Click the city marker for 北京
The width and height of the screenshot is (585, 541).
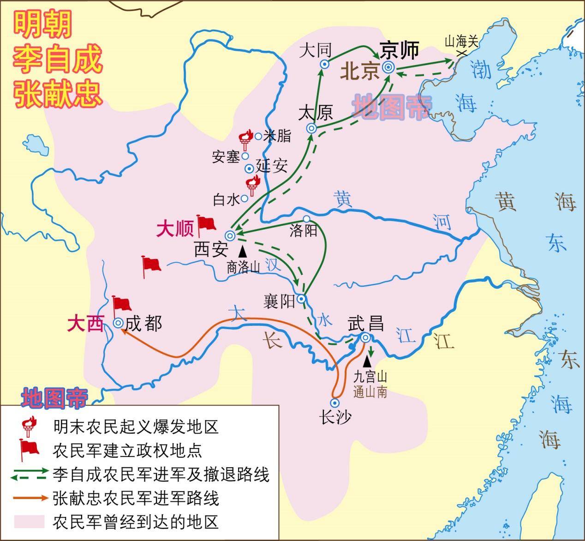coord(389,68)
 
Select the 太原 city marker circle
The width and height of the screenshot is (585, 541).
coord(311,128)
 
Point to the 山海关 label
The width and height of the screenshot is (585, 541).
coord(461,42)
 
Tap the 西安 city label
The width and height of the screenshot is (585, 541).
coord(211,250)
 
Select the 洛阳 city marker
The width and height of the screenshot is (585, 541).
coord(306,219)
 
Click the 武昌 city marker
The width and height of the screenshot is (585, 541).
coord(365,337)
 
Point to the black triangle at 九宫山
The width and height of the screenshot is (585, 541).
coord(368,361)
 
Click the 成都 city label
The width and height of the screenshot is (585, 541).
coord(144,324)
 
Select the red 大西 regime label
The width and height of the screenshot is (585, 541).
coord(85,324)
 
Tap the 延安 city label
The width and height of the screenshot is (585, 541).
coord(272,166)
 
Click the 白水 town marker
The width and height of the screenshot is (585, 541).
coord(245,198)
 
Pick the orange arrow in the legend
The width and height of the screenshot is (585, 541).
coord(30,498)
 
